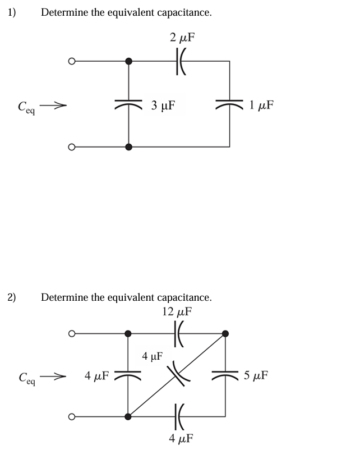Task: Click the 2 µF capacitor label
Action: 182,38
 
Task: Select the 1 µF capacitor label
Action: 262,105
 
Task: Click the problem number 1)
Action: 12,12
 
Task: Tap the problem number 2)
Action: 12,297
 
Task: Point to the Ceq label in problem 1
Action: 26,105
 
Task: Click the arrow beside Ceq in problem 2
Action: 56,375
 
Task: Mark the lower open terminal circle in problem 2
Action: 72,416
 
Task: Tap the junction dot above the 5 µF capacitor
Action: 225,333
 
